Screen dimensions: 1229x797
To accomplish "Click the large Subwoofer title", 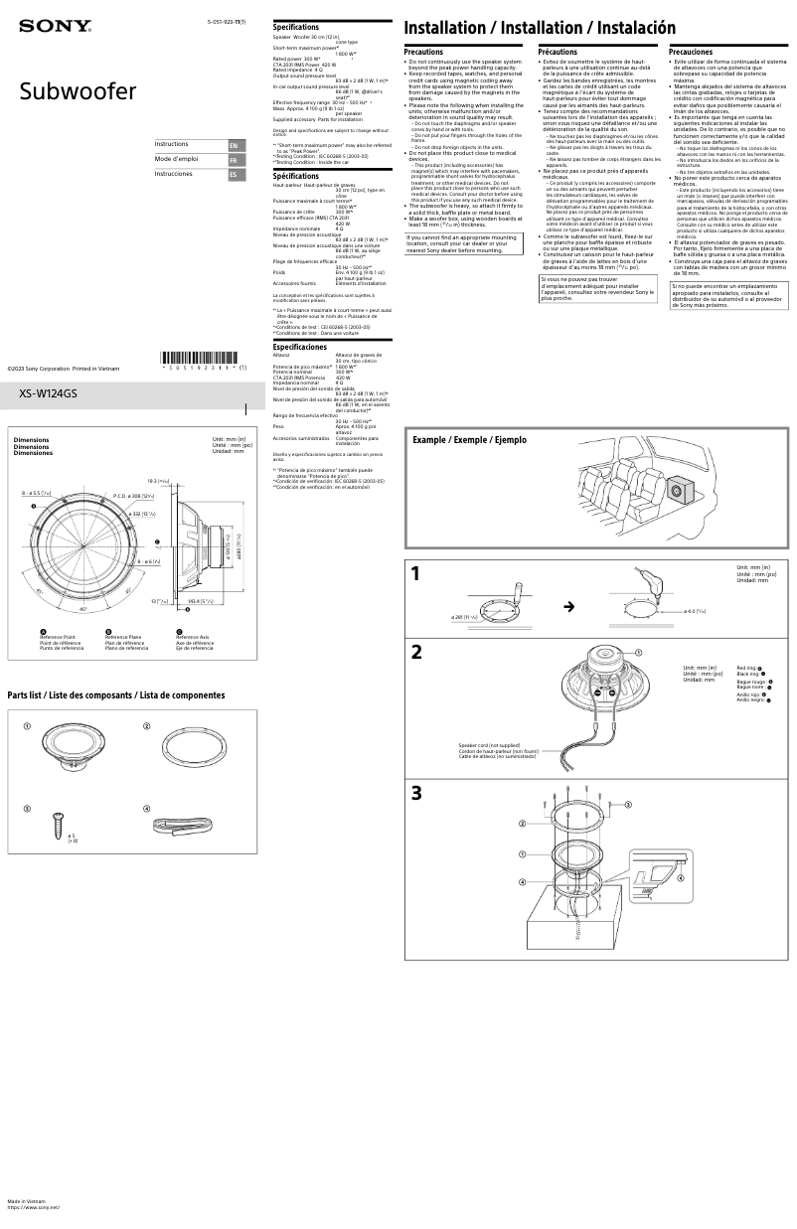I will [x=79, y=93].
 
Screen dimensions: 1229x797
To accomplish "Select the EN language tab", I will [x=234, y=145].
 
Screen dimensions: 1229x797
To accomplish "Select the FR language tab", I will [x=234, y=160].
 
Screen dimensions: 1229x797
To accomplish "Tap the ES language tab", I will [x=234, y=175].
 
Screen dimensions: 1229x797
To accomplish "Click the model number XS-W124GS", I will [x=49, y=393].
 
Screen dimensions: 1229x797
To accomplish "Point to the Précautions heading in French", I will [x=558, y=52].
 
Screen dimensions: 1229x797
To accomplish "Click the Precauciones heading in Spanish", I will [x=691, y=52].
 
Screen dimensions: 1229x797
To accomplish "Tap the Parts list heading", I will [x=116, y=695].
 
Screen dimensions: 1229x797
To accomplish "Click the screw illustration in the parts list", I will [x=59, y=823].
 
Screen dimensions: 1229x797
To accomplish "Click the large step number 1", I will [x=417, y=574].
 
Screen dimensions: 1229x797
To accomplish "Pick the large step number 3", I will [x=417, y=793].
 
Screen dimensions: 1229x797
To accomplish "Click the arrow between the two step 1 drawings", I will [x=569, y=606].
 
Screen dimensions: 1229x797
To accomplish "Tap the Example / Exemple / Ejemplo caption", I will [x=469, y=439].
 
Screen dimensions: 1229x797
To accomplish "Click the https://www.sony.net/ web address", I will [x=34, y=1207].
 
